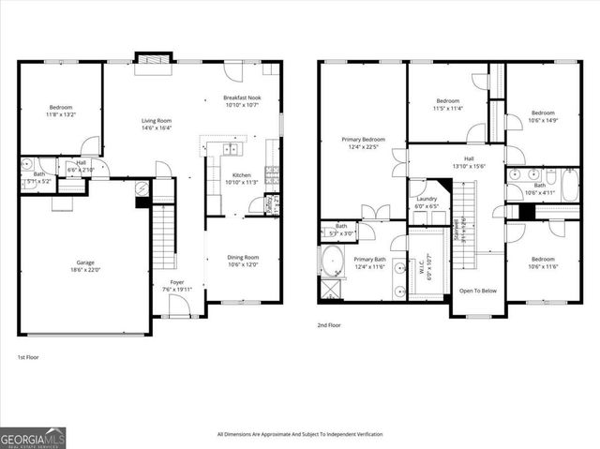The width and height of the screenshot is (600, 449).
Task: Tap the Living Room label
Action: pos(157,120)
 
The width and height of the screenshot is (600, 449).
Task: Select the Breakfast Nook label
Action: pos(242,97)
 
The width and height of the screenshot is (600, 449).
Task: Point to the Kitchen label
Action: pos(242,175)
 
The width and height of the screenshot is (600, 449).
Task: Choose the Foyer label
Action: pos(176,281)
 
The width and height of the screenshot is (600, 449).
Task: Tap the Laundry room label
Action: pos(427,199)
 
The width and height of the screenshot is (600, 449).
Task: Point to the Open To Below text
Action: pos(477,291)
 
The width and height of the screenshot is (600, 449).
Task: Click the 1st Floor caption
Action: pos(28,357)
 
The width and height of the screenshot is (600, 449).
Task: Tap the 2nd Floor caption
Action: pos(330,326)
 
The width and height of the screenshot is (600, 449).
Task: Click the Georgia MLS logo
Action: pos(33,438)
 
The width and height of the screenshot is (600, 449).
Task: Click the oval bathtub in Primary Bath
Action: pos(333,259)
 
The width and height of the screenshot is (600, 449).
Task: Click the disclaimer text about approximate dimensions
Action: pos(299,434)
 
